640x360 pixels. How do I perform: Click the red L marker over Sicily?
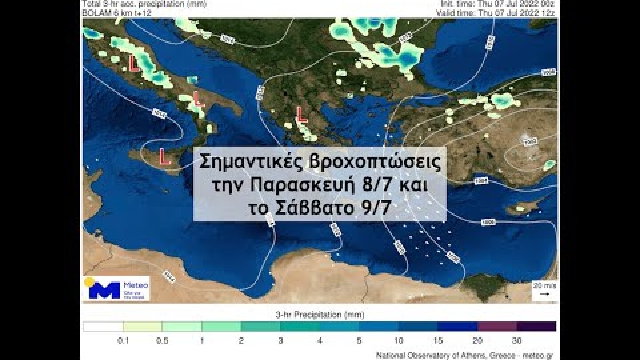pyautogui.click(x=165, y=157)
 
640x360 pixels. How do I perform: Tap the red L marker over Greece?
pyautogui.click(x=302, y=115)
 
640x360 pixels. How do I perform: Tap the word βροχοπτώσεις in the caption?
pyautogui.click(x=375, y=163)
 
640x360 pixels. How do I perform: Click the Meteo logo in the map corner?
pyautogui.click(x=117, y=288)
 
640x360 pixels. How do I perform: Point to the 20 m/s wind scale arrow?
pyautogui.click(x=544, y=294)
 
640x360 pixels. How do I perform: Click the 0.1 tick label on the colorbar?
pyautogui.click(x=123, y=341)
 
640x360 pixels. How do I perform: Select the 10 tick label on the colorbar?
pyautogui.click(x=398, y=341)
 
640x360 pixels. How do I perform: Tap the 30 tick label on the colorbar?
pyautogui.click(x=516, y=341)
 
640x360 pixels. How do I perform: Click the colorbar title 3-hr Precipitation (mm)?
pyautogui.click(x=320, y=315)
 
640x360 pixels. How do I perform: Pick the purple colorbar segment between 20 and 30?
pyautogui.click(x=497, y=327)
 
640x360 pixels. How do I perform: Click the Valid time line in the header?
pyautogui.click(x=496, y=13)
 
